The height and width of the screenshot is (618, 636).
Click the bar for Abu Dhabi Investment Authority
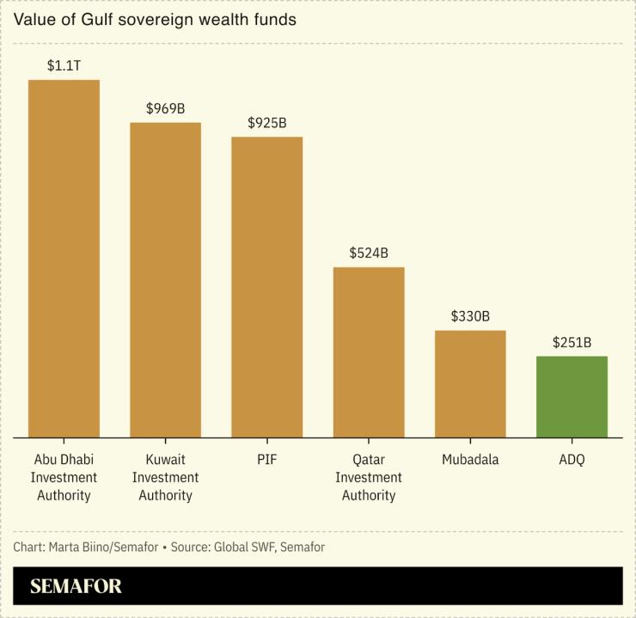pos(64,259)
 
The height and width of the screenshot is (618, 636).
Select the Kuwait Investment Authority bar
pos(165,280)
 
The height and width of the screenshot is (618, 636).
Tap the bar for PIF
pos(266,287)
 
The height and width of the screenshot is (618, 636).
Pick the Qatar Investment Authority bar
pos(369,352)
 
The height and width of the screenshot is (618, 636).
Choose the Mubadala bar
pos(470,384)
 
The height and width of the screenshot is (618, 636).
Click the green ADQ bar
pos(572,397)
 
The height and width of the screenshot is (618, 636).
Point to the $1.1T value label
pos(64,65)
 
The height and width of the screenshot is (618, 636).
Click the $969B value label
pos(165,108)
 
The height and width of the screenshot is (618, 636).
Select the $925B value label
pos(266,123)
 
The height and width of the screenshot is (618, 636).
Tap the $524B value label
pos(369,253)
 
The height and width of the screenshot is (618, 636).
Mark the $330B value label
pos(470,316)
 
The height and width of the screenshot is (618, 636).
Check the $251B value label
pos(572,342)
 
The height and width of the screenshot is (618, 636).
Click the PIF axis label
pos(266,460)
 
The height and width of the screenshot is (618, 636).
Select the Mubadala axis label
pos(470,460)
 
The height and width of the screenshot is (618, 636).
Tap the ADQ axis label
pos(572,460)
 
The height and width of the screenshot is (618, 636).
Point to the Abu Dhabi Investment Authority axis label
pos(64,477)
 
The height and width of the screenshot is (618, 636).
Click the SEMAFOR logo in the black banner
pos(76,587)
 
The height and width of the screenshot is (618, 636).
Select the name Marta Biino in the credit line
pos(81,547)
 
